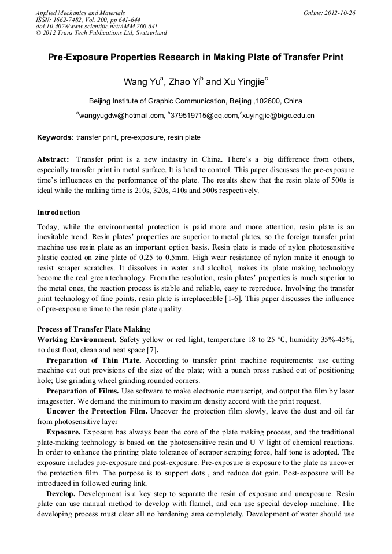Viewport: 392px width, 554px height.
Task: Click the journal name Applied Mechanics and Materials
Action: pyautogui.click(x=80, y=13)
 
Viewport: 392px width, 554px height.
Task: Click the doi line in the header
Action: pyautogui.click(x=97, y=26)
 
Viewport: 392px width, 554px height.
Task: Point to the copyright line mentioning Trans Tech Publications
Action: pyautogui.click(x=101, y=33)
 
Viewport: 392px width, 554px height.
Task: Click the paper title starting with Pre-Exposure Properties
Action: pyautogui.click(x=195, y=57)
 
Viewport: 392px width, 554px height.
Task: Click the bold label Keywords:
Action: pyautogui.click(x=56, y=138)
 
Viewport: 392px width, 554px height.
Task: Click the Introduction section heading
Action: pyautogui.click(x=58, y=213)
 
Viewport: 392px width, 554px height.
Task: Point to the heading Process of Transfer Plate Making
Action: pyautogui.click(x=93, y=329)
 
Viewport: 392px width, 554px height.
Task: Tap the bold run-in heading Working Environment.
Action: pyautogui.click(x=77, y=339)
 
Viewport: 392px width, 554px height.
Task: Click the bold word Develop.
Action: pyautogui.click(x=61, y=494)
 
